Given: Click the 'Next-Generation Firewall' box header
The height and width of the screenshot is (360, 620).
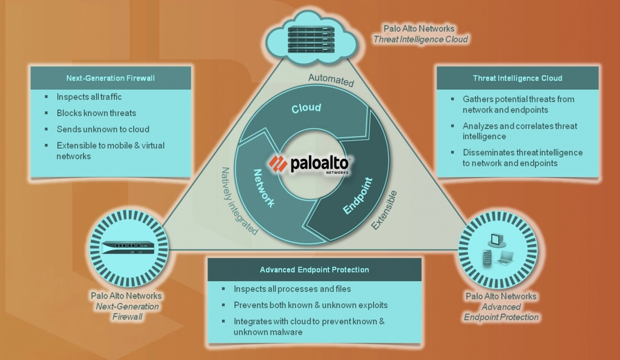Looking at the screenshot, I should pos(110,78).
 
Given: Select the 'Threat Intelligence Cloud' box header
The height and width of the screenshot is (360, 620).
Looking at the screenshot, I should pos(517,78).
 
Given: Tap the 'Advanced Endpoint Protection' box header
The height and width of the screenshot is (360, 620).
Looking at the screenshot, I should pos(314,270).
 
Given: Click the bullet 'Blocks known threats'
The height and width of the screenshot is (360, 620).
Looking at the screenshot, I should pos(96,113).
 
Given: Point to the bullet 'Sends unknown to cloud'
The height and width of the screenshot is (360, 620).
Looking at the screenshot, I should pos(103,129).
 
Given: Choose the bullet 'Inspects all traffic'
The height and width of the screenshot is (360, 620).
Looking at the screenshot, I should pos(89,97).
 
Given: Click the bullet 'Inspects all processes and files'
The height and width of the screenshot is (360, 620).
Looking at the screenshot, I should pos(292,289).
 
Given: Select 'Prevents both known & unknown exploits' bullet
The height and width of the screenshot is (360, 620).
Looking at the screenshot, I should pos(311,305).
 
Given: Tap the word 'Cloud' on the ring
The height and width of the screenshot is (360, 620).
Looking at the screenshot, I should pos(306,108).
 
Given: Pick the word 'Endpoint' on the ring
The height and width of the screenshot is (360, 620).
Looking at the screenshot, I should pos(358,196).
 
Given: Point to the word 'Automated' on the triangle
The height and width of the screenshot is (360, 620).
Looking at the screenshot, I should pos(331,80).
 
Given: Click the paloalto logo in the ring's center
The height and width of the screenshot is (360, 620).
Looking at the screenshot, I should pos(309,164).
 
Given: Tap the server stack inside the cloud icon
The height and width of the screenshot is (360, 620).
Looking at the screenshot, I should pos(311,39).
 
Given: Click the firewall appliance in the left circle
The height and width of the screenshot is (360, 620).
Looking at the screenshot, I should pos(129,248).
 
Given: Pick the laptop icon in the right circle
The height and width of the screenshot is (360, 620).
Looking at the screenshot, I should pos(505,257).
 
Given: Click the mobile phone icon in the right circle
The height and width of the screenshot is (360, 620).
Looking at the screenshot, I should pos(487,258).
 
